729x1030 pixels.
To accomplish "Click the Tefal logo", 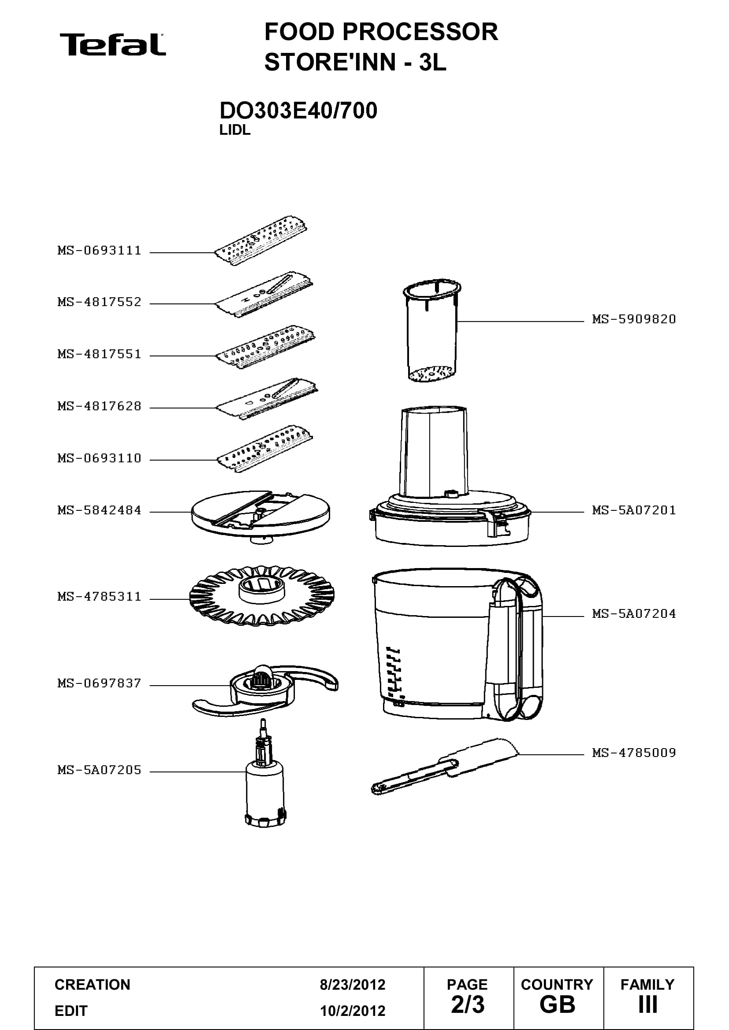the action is pos(113,45).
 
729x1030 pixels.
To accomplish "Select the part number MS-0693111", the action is pos(99,250).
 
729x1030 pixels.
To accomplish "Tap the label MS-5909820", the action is pos(634,319).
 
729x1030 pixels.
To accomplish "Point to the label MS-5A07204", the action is pos(634,613).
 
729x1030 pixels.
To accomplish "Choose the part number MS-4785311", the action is pos(99,597).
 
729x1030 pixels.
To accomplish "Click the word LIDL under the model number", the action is pos(235,130).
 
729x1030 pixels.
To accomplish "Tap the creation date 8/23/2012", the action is pos(353,984).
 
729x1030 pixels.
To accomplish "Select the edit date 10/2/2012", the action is pos(353,1011).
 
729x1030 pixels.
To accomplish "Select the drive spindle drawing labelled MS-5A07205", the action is pos(265,781).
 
